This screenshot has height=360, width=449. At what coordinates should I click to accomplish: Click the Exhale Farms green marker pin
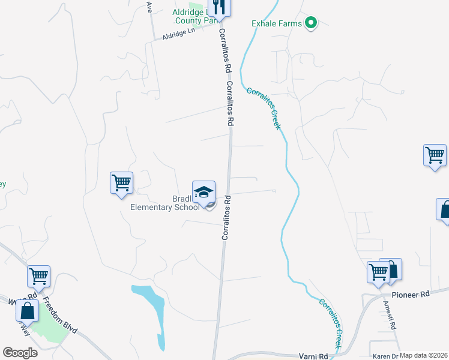[311, 23]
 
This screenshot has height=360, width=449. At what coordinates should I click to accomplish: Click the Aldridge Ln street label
[179, 35]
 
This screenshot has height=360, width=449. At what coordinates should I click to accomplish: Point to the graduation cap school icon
[203, 191]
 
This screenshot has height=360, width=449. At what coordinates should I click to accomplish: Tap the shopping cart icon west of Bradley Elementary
[121, 182]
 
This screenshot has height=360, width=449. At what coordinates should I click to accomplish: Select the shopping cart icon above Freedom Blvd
[39, 276]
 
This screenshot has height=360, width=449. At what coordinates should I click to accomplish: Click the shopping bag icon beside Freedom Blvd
[27, 311]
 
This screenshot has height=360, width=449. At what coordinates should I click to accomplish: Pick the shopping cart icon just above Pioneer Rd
[378, 272]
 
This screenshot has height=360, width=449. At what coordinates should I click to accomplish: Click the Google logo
[20, 353]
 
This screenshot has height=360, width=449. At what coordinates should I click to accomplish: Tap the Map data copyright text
[424, 355]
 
